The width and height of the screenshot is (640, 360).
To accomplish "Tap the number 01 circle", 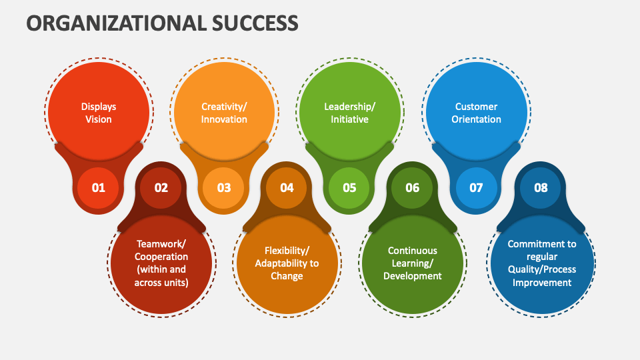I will click(x=99, y=187).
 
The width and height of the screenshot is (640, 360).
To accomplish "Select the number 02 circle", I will click(x=161, y=187).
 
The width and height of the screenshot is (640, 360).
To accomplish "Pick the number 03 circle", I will click(x=224, y=187).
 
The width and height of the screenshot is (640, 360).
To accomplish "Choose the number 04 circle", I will click(x=287, y=187).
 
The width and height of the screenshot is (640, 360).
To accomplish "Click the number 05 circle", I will click(x=349, y=187).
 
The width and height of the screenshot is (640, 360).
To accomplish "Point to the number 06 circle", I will click(x=413, y=187).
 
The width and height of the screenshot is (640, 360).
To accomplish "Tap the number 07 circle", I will click(x=476, y=187).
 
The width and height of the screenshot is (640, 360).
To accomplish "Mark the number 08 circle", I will click(x=541, y=187).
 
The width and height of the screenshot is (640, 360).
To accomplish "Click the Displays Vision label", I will click(x=99, y=113).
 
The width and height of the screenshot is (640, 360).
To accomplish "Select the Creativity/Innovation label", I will click(x=224, y=113).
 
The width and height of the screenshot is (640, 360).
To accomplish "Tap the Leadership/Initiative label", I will click(x=349, y=113).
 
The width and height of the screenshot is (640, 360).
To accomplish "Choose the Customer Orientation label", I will click(x=476, y=113).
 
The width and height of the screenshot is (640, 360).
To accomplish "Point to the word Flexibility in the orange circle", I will click(x=285, y=251).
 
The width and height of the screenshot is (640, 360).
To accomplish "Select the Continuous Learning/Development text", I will click(x=413, y=263).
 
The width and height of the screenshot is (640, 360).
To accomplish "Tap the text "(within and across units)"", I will click(x=161, y=275).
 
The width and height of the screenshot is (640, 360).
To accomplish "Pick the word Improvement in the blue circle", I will click(x=541, y=282).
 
